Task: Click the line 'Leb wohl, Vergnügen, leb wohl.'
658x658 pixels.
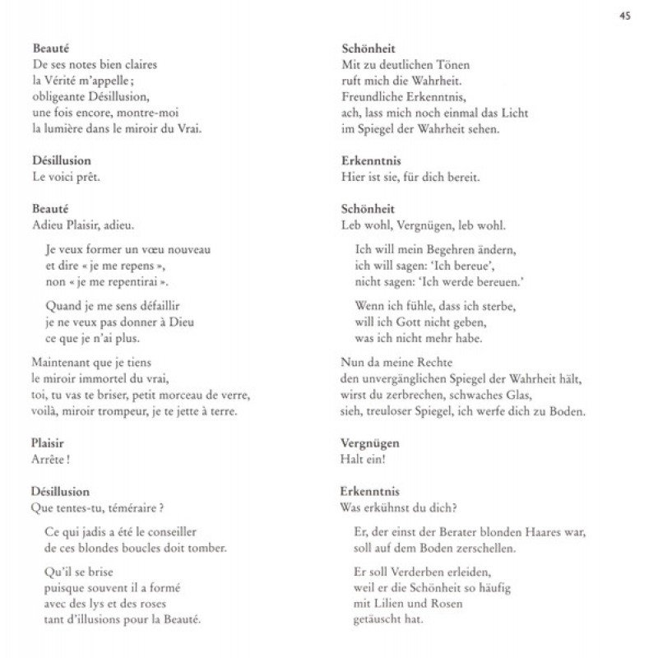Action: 424,225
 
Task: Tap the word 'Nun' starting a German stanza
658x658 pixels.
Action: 351,362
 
